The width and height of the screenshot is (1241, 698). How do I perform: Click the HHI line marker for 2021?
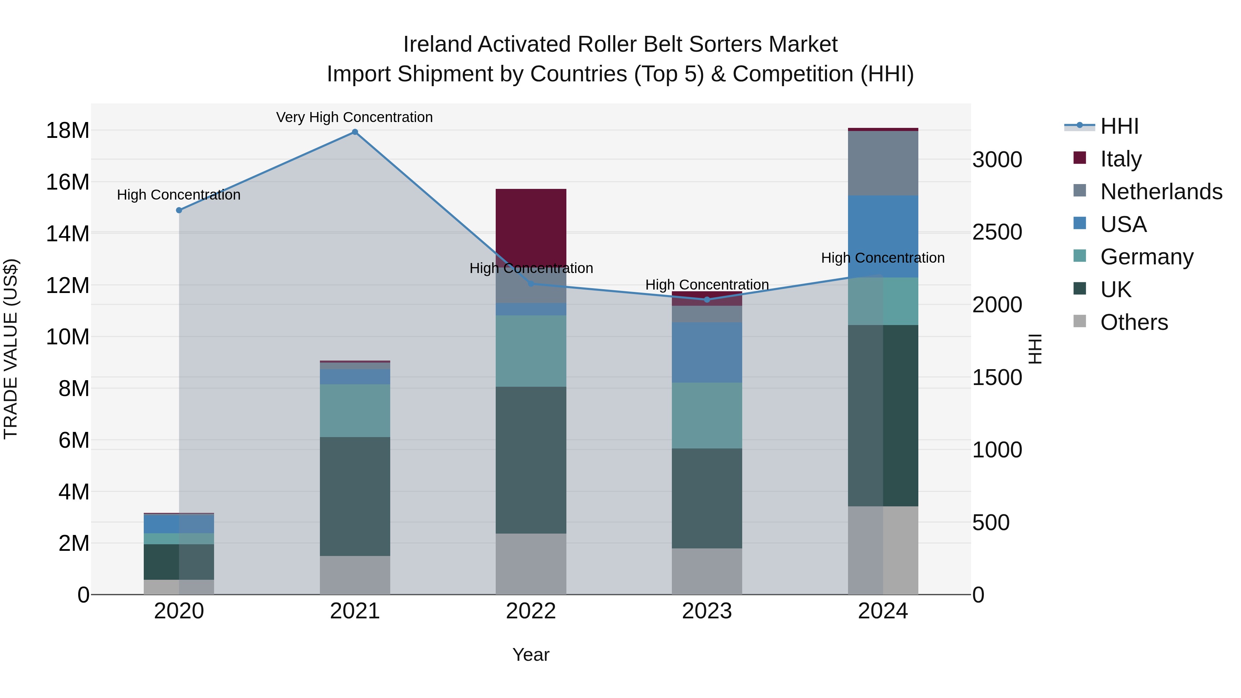click(x=355, y=132)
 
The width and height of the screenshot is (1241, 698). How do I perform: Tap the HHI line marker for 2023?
click(x=707, y=300)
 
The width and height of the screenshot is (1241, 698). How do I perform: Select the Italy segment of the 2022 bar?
click(x=531, y=226)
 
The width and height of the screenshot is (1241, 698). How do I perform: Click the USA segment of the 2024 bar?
click(x=882, y=236)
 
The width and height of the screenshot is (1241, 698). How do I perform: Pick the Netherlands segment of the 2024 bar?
click(x=882, y=163)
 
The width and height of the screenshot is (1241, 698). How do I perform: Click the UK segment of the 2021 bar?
click(x=355, y=496)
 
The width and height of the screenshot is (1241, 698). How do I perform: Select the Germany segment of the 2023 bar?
click(x=707, y=415)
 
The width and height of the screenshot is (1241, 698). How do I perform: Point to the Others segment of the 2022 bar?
click(x=531, y=564)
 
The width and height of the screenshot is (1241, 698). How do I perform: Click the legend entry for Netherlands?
click(x=1161, y=192)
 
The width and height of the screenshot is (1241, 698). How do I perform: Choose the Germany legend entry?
click(x=1147, y=257)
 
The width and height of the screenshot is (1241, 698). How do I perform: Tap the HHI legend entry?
click(x=1119, y=126)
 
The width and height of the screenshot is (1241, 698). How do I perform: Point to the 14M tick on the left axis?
click(x=68, y=234)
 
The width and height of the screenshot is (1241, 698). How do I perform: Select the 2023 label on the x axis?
click(x=707, y=611)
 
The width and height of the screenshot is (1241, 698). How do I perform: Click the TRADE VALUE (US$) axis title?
click(x=11, y=349)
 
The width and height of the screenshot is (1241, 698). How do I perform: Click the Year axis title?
click(x=531, y=655)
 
